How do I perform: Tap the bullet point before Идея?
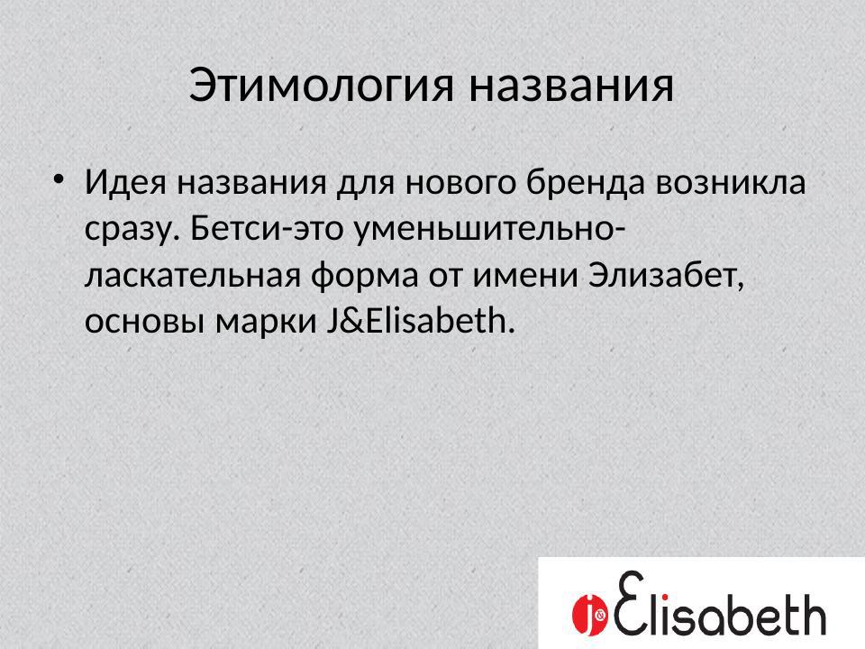coord(59,176)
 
